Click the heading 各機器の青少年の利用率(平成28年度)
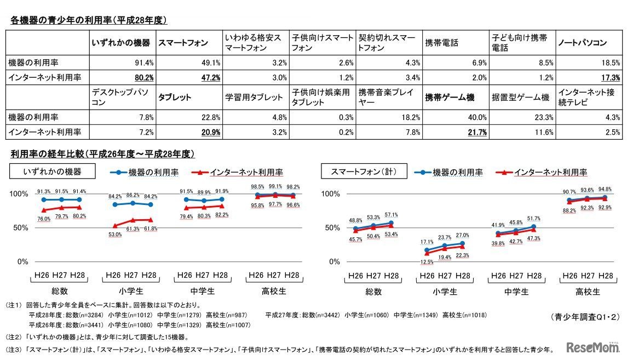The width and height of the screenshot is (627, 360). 88,21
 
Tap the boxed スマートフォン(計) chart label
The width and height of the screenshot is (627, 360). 364,172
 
